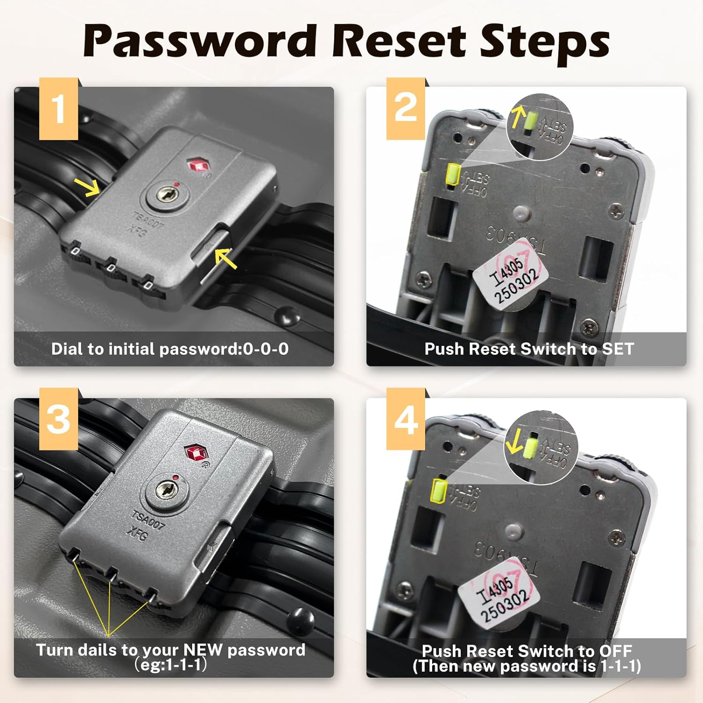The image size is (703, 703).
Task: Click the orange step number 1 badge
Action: pyautogui.click(x=59, y=109)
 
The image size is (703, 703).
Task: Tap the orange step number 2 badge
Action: pyautogui.click(x=406, y=109)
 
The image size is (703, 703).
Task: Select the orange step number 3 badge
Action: pyautogui.click(x=59, y=419)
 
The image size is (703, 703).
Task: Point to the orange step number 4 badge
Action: pyautogui.click(x=406, y=419)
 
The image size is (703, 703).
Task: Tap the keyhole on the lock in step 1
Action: pyautogui.click(x=167, y=195)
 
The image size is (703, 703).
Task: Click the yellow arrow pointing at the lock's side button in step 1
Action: pyautogui.click(x=226, y=258)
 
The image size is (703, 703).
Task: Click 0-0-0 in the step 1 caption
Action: pyautogui.click(x=266, y=349)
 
